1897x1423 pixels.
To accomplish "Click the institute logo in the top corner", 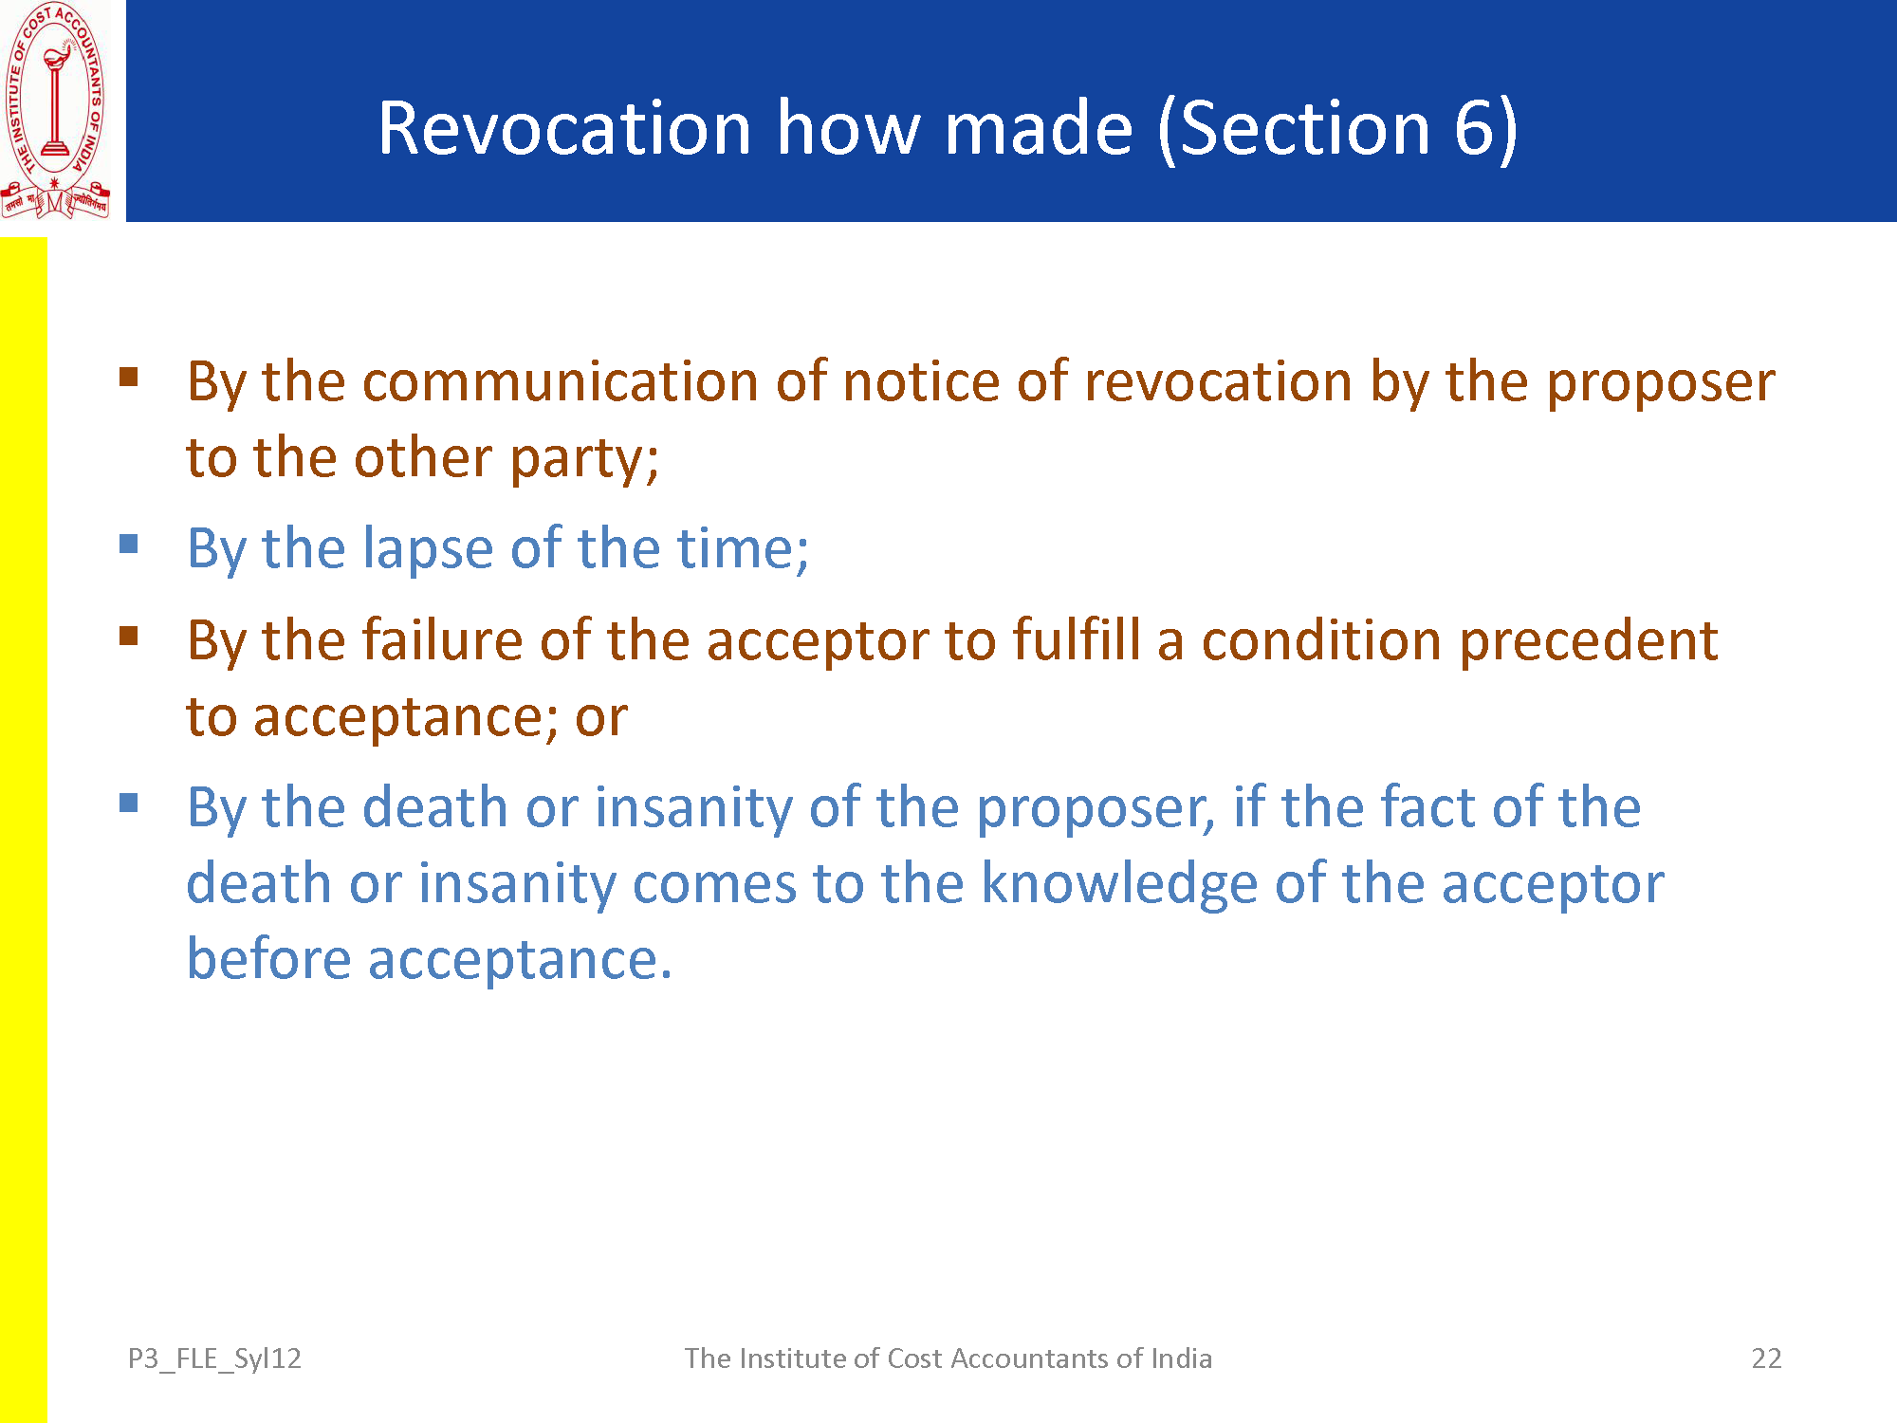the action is click(55, 110).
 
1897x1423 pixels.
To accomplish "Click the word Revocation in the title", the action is click(565, 128).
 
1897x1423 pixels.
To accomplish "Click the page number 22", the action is click(1766, 1358).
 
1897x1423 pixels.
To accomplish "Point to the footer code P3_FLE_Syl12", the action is click(214, 1359).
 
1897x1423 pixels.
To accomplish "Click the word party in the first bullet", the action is click(584, 459).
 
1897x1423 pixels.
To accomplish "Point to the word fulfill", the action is click(1077, 639).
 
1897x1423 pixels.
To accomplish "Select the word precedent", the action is click(1589, 641).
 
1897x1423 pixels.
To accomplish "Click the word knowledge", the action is click(1119, 885).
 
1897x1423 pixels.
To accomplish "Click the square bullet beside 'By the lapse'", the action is click(129, 545).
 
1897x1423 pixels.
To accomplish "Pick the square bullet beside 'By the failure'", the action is click(129, 636).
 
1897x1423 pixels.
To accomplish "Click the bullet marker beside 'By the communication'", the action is click(129, 378).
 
